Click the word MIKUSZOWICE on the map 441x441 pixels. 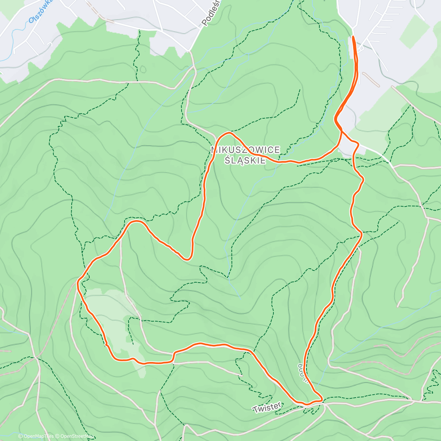[245, 150]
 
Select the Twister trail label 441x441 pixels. [267, 407]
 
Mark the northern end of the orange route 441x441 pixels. [353, 37]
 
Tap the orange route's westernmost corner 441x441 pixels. [78, 282]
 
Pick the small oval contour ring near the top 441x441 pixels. [143, 69]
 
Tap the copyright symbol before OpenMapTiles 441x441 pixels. [21, 436]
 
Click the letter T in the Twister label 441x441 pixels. [255, 409]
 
